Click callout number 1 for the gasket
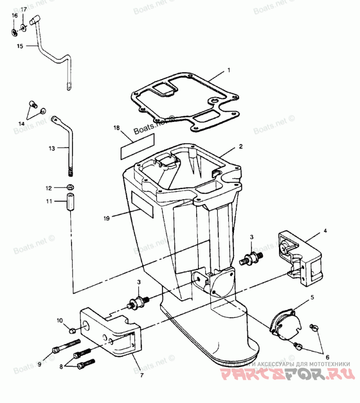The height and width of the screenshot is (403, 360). pyautogui.click(x=229, y=71)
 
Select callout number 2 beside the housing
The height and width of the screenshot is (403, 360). pyautogui.click(x=241, y=147)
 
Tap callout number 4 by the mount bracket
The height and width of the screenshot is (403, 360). pyautogui.click(x=325, y=231)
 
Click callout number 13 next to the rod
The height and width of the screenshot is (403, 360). pyautogui.click(x=51, y=148)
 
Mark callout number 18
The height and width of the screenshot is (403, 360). pyautogui.click(x=117, y=128)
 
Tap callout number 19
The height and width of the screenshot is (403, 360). pyautogui.click(x=106, y=219)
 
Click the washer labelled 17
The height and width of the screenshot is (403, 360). pyautogui.click(x=23, y=27)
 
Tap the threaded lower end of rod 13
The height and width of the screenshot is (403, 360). pyautogui.click(x=70, y=171)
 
